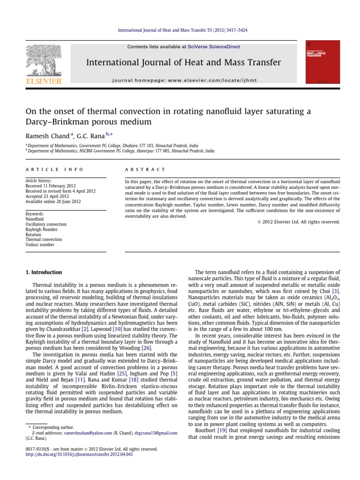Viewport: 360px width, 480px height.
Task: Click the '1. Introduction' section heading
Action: pyautogui.click(x=43, y=272)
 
